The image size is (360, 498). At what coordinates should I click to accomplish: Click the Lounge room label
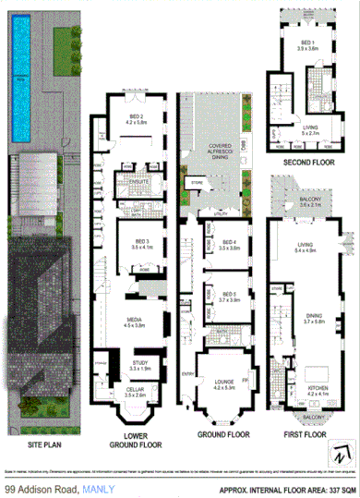click(x=222, y=382)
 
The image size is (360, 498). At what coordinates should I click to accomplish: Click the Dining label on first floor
click(x=306, y=318)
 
